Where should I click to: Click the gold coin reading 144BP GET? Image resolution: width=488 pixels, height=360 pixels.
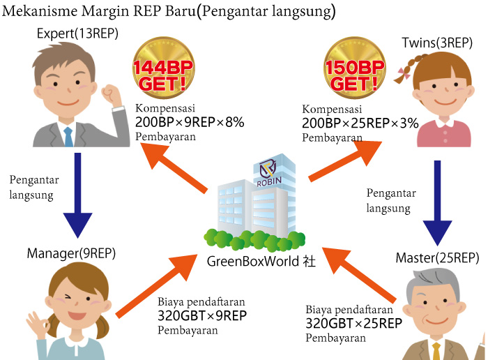tap(163, 68)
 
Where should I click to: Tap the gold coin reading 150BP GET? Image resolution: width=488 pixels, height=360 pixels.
tap(355, 68)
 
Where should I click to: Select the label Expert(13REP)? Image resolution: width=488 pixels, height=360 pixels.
tap(77, 33)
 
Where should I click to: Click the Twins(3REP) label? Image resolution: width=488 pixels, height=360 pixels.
tap(437, 43)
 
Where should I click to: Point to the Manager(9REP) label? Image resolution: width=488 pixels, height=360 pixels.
tap(71, 253)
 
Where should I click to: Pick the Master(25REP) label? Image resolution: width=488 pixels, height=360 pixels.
tap(437, 258)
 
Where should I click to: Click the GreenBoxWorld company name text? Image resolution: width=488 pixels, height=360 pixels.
tap(261, 261)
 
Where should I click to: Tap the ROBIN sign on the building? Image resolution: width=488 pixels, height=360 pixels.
tap(269, 181)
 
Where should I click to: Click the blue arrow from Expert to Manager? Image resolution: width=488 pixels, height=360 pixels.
tap(77, 195)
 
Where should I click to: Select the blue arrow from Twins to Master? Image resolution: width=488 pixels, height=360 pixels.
tap(437, 203)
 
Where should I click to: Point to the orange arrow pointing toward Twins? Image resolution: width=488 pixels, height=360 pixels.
tap(345, 161)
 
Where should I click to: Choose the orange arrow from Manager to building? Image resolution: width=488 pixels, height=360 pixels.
tap(157, 286)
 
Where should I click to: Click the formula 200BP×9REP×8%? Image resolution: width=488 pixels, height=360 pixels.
tap(190, 122)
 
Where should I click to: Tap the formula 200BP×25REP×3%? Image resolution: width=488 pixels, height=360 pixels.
tap(360, 123)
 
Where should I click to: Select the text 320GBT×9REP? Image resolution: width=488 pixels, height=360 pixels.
tap(202, 316)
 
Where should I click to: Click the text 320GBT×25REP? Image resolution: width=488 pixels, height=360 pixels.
tap(354, 324)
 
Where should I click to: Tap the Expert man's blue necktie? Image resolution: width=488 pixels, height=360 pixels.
tap(68, 137)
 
